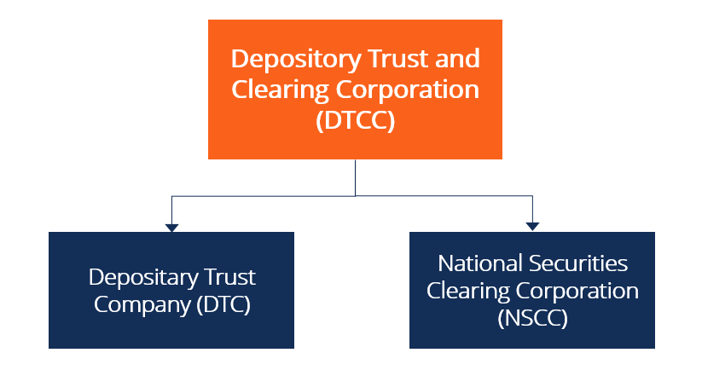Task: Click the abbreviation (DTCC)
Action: coord(355,120)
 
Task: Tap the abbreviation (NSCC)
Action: coord(532,318)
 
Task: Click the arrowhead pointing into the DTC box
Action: coord(171,227)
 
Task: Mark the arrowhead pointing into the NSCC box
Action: coord(532,227)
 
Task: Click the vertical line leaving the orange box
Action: coord(355,177)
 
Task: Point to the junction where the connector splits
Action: coord(355,196)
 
